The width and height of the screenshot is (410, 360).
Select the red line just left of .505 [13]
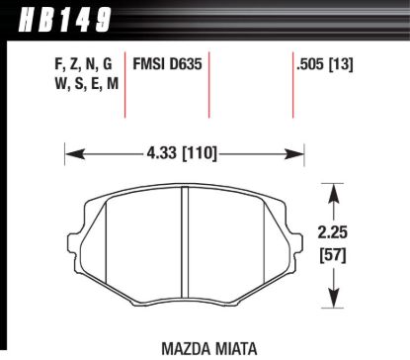click(x=292, y=84)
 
